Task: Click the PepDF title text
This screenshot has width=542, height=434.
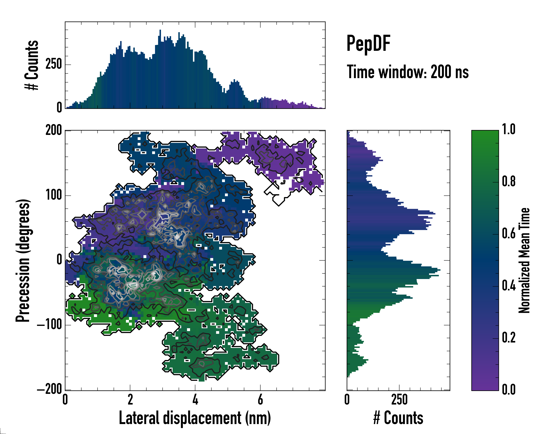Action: point(368,44)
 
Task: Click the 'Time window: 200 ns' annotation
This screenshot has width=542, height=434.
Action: point(408,72)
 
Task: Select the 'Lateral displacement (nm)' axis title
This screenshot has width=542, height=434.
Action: point(195,418)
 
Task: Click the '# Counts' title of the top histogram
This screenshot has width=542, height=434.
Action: point(32,65)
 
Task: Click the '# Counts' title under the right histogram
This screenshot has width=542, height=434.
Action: point(398,418)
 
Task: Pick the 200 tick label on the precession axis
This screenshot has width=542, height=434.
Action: point(53,130)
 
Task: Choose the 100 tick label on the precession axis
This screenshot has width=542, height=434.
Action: point(53,195)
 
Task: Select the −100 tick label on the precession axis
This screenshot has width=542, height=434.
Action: point(50,325)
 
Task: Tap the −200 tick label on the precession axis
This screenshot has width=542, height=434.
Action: point(50,390)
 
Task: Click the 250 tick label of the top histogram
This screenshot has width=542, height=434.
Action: point(53,64)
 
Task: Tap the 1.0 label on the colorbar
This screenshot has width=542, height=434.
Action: point(509,130)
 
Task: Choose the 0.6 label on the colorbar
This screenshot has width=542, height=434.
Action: point(509,234)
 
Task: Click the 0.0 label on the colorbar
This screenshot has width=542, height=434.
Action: point(509,390)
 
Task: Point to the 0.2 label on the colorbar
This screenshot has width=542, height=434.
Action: point(509,338)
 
